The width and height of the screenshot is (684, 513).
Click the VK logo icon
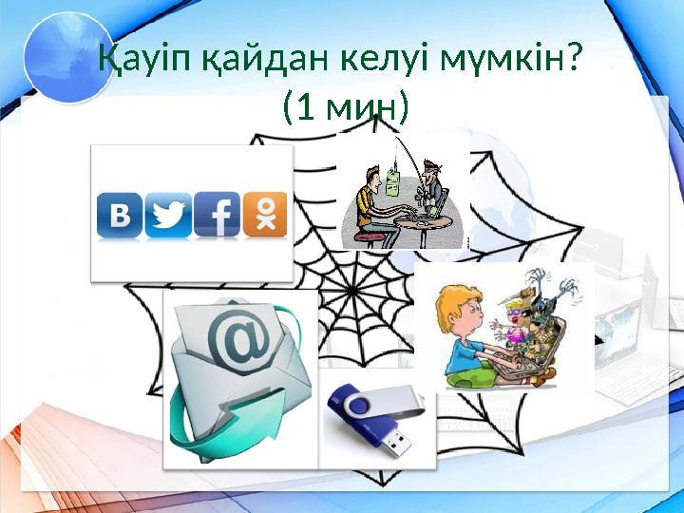(120, 215)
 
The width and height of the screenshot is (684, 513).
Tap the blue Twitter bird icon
(168, 215)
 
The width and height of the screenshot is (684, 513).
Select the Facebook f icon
(217, 215)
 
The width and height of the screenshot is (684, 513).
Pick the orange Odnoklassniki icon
(264, 215)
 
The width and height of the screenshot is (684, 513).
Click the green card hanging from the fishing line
(391, 181)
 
